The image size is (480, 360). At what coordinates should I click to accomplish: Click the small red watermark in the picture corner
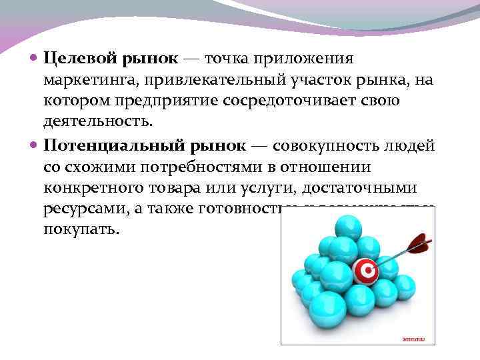[413, 338]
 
